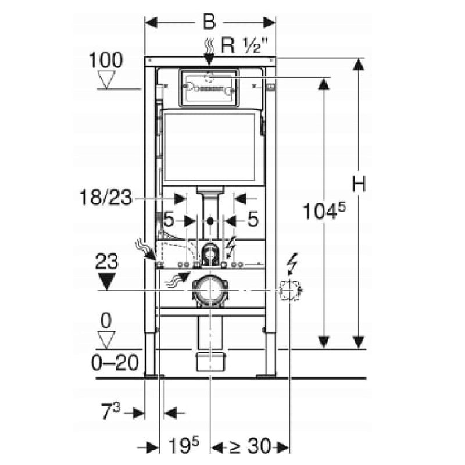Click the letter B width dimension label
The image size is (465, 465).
pyautogui.click(x=209, y=22)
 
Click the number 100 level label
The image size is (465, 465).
pyautogui.click(x=106, y=60)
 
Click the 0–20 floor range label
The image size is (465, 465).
pyautogui.click(x=115, y=363)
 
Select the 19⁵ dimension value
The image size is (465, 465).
pyautogui.click(x=185, y=446)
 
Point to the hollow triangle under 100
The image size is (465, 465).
pyautogui.click(x=106, y=80)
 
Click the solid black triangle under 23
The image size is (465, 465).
pyautogui.click(x=106, y=282)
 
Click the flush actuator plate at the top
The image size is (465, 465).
pyautogui.click(x=209, y=88)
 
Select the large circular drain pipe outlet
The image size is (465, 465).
pyautogui.click(x=209, y=289)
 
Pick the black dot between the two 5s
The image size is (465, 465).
pyautogui.click(x=210, y=221)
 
